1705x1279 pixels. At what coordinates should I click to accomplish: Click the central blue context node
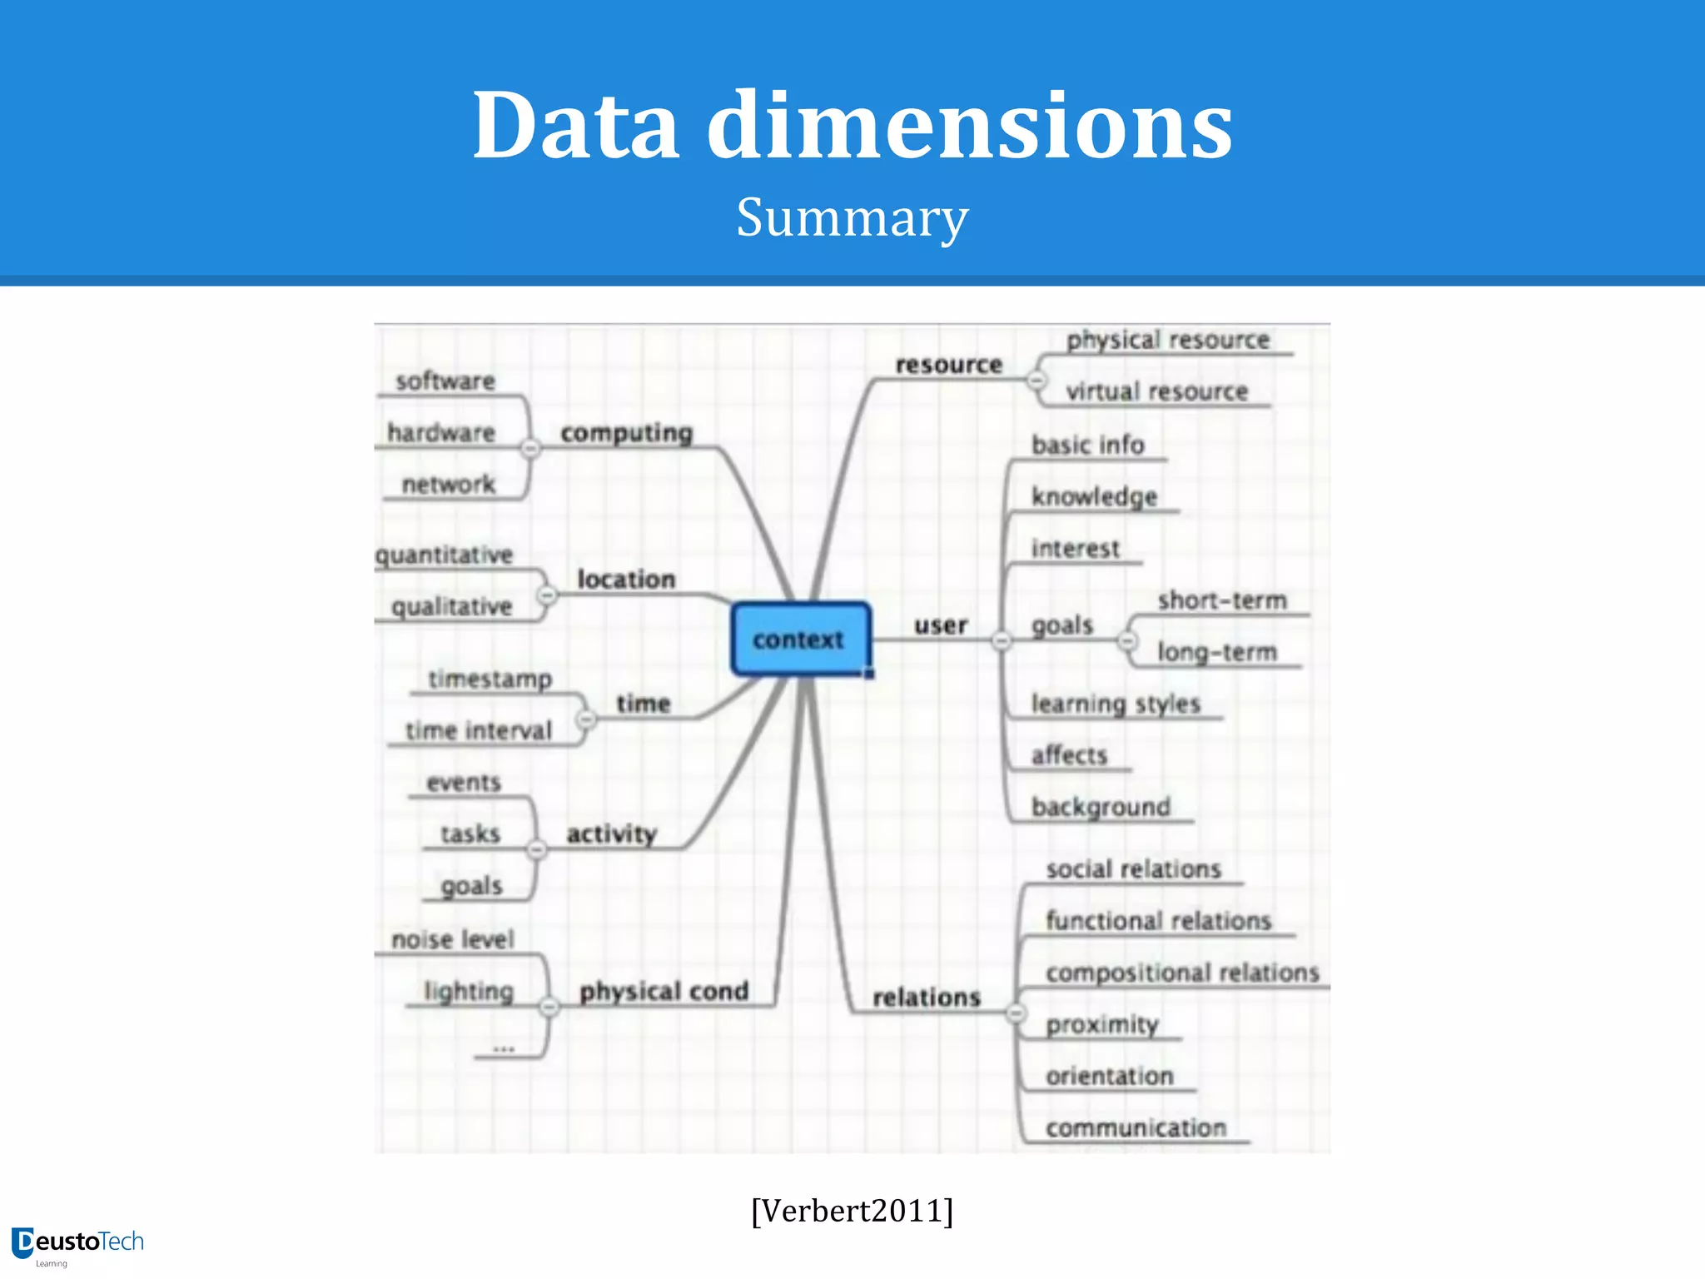coord(800,639)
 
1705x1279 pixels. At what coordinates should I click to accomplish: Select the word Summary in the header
coord(852,217)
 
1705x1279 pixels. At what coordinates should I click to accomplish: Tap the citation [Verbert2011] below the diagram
coord(852,1210)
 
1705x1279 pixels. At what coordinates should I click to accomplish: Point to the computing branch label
coord(626,433)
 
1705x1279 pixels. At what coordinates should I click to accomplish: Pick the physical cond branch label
coord(664,991)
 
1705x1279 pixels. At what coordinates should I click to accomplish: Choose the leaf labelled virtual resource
coord(1156,391)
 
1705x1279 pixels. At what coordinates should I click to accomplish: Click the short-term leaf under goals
coord(1221,600)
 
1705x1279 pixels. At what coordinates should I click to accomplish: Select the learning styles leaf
coord(1116,704)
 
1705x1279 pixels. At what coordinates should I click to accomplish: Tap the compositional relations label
coord(1182,973)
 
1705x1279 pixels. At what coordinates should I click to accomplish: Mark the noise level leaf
coord(453,939)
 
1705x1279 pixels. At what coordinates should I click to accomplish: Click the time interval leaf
coord(479,730)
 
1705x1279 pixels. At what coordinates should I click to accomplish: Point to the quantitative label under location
coord(444,555)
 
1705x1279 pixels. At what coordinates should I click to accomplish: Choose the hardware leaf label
coord(441,433)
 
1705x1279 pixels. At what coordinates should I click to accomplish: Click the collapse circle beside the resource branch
coord(1036,381)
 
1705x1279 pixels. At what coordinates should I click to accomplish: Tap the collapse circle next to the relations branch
coord(1015,1013)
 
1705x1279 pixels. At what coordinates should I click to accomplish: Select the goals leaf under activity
coord(471,886)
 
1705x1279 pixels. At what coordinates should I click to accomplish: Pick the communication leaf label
coord(1136,1127)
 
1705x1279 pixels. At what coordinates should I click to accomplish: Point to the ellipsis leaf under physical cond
coord(504,1048)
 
